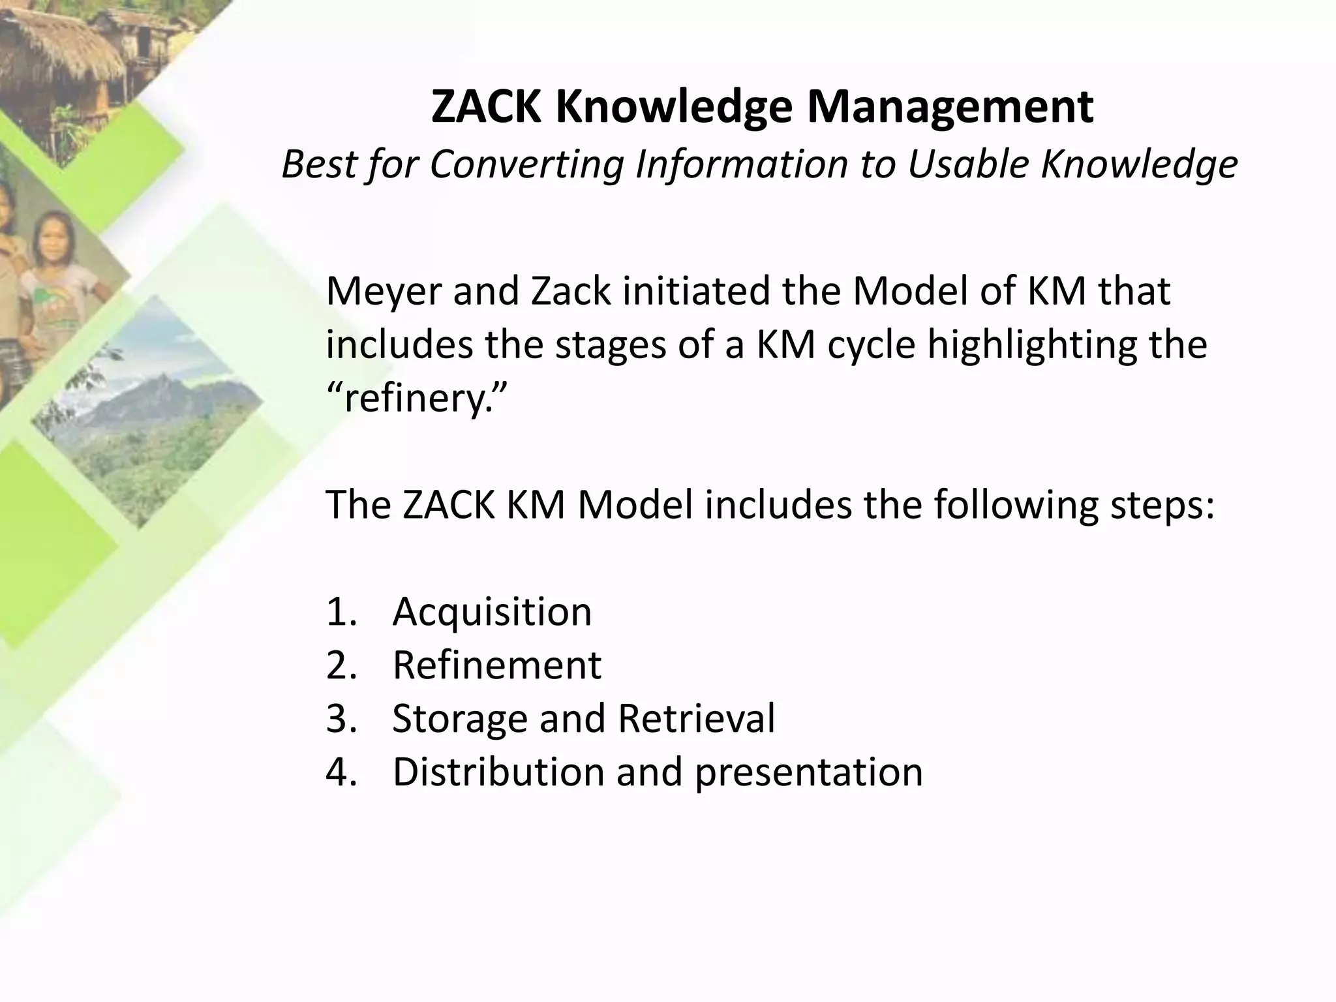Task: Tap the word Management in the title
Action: click(950, 108)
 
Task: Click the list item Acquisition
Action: click(492, 611)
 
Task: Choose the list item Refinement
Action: click(496, 665)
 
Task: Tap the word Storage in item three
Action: click(459, 718)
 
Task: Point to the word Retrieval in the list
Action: click(696, 718)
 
